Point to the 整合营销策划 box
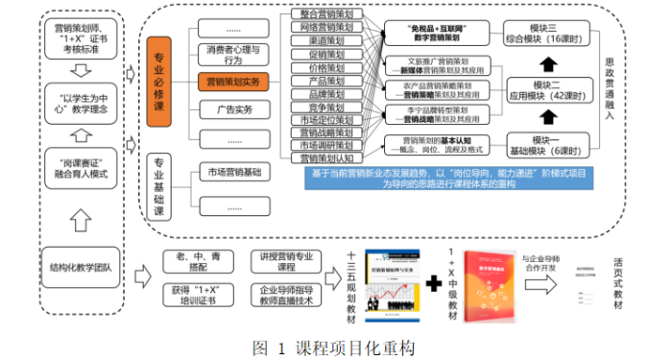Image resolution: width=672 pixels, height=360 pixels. point(321,14)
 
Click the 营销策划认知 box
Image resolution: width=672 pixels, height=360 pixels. point(321,157)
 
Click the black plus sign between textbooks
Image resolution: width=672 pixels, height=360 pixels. point(434,283)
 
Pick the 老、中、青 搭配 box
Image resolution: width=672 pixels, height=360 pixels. point(188,260)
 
